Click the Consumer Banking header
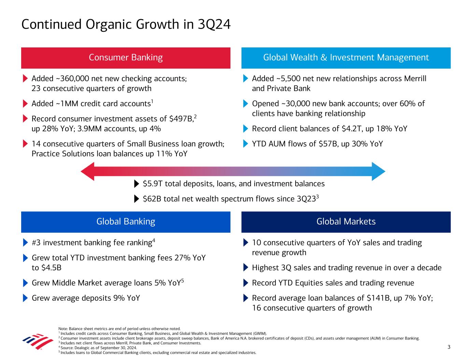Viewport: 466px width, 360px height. pos(126,58)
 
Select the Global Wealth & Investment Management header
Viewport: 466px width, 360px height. pos(346,58)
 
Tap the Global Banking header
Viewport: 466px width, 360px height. pos(126,222)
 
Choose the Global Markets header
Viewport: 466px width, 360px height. pos(346,222)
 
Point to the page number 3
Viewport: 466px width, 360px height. pos(449,347)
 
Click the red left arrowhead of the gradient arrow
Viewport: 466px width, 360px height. pos(87,171)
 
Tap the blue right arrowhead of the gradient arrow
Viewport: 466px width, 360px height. pos(378,171)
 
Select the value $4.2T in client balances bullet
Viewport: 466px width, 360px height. pos(350,129)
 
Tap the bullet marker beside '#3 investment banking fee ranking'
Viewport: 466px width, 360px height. pos(25,243)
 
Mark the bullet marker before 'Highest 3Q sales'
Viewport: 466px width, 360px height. pos(245,268)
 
